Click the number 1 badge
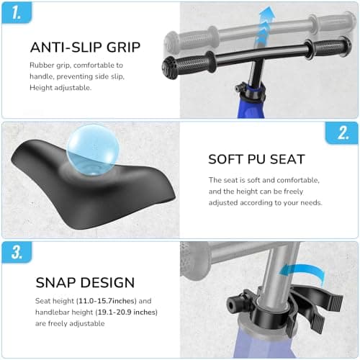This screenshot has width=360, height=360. (x=17, y=13)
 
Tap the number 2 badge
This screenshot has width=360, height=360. (x=342, y=132)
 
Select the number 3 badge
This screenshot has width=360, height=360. (x=17, y=252)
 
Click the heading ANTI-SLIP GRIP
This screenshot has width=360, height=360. (x=85, y=47)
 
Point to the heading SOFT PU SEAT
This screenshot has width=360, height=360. (x=256, y=159)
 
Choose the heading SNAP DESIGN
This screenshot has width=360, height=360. (x=85, y=282)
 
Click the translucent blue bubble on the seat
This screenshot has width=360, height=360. (x=93, y=150)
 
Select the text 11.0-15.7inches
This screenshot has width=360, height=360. (x=107, y=301)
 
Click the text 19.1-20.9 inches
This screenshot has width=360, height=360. (x=127, y=312)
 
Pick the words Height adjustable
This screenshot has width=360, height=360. (x=60, y=88)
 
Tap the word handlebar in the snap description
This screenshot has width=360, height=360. (x=52, y=312)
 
